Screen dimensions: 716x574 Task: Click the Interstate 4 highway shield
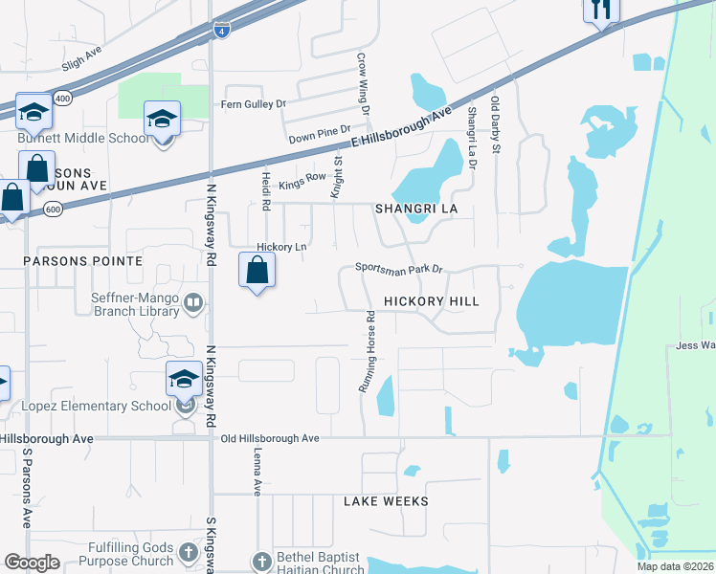pyautogui.click(x=222, y=30)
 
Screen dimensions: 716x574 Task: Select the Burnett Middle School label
pyautogui.click(x=84, y=138)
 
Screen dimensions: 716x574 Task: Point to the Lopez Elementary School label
pyautogui.click(x=97, y=406)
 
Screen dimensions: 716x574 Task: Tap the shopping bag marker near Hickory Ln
pyautogui.click(x=257, y=272)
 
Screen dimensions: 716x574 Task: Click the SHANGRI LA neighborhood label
pyautogui.click(x=416, y=208)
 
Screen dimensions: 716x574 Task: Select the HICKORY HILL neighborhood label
pyautogui.click(x=431, y=300)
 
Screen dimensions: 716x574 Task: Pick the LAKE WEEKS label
pyautogui.click(x=386, y=501)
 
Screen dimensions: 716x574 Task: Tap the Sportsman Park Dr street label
pyautogui.click(x=400, y=269)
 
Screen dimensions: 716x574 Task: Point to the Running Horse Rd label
pyautogui.click(x=366, y=352)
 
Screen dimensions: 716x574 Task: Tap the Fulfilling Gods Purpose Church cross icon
pyautogui.click(x=188, y=553)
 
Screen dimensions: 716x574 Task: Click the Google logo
pyautogui.click(x=32, y=563)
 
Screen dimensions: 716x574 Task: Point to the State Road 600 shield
pyautogui.click(x=53, y=210)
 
